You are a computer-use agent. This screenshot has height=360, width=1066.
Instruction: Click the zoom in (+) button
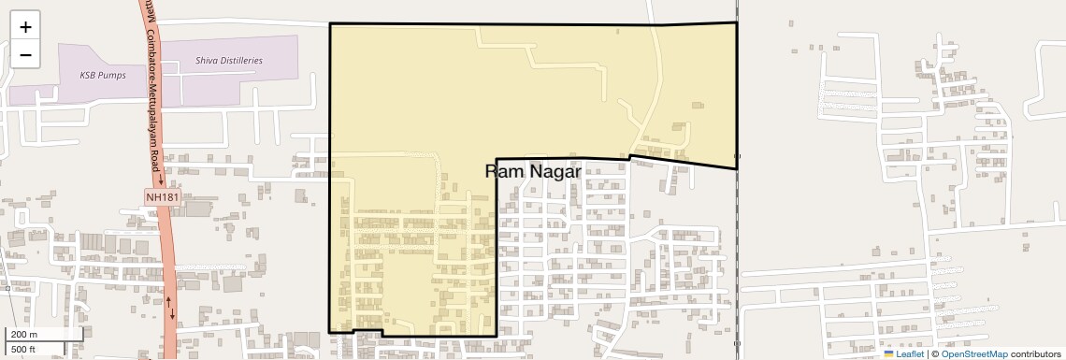pos(25,27)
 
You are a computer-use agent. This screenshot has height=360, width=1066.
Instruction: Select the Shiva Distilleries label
pos(229,60)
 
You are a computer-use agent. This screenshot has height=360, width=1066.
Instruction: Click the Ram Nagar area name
pos(534,171)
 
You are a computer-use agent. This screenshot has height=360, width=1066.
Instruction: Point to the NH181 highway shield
pos(162,197)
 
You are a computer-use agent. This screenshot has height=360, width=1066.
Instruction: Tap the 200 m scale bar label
pos(24,335)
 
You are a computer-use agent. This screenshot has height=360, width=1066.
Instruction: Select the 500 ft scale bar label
pos(23,349)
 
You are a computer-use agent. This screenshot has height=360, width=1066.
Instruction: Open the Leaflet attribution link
pos(909,354)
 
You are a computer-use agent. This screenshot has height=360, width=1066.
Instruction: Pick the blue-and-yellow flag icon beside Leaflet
pos(888,354)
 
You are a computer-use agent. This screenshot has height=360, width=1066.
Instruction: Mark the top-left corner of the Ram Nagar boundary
pos(330,24)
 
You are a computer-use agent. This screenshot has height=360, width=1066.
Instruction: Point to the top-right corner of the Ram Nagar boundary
pos(737,22)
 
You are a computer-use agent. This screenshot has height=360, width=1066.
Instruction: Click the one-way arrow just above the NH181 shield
pos(160,178)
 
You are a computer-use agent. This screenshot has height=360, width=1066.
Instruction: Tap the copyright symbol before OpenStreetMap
pos(934,354)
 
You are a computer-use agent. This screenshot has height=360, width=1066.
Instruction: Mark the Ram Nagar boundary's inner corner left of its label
pos(496,159)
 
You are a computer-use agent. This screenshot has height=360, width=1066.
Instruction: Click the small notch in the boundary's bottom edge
pos(367,331)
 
